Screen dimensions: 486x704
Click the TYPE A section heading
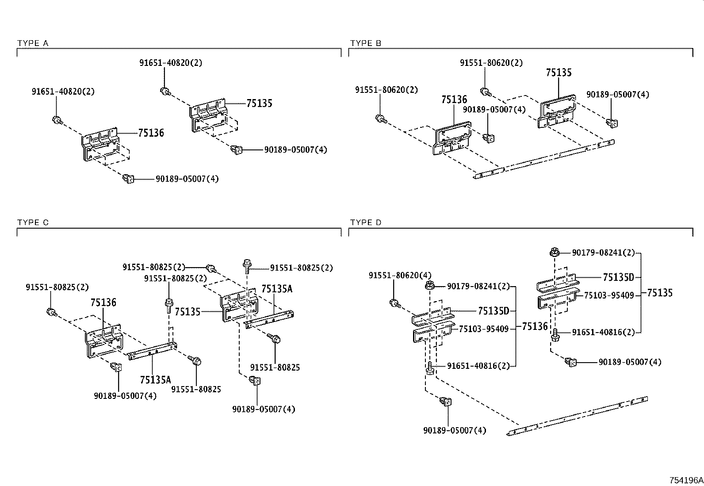coord(33,43)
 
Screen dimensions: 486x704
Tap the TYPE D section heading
coord(366,222)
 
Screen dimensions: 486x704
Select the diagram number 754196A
coord(685,480)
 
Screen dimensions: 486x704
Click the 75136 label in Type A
coord(151,133)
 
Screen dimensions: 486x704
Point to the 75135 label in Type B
coord(559,73)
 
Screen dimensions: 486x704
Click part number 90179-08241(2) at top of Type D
coord(603,253)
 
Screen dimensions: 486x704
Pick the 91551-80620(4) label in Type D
coord(400,276)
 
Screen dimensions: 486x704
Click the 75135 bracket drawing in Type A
coord(210,116)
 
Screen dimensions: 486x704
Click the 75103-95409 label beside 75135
coord(609,295)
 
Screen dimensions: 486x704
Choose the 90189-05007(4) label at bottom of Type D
coord(455,430)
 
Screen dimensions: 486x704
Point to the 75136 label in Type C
coord(103,302)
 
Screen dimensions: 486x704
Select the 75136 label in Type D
coord(535,326)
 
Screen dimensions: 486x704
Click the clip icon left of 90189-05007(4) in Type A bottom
coord(128,179)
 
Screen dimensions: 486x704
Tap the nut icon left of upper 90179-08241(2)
coord(553,253)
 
